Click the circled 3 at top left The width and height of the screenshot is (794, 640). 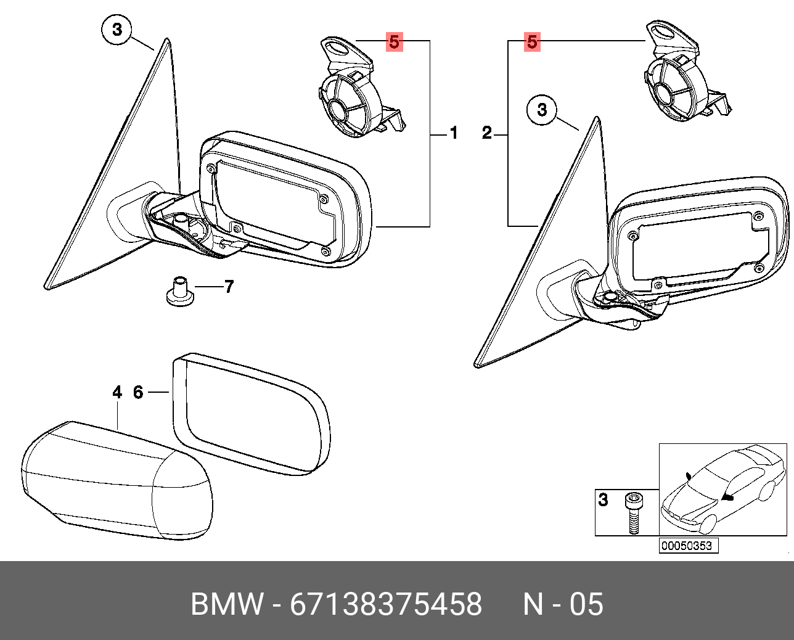tap(117, 29)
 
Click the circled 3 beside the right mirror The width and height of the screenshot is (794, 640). tap(542, 110)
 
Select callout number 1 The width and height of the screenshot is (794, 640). tap(454, 133)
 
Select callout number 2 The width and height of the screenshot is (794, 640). tap(487, 133)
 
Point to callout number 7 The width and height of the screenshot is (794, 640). tap(229, 287)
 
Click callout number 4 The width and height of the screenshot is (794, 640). tap(117, 392)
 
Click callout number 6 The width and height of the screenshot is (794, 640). tap(138, 392)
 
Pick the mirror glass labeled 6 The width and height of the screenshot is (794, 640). tap(250, 413)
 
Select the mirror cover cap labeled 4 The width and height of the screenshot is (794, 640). tap(117, 478)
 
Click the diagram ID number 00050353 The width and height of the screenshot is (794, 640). tap(686, 546)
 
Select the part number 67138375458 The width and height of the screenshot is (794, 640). tap(386, 604)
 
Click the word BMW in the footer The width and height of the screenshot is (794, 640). tap(227, 604)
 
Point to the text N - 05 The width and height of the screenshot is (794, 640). tap(563, 604)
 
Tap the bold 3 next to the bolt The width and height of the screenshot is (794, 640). tap(604, 500)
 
